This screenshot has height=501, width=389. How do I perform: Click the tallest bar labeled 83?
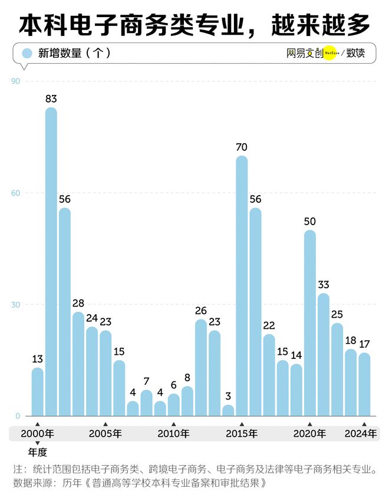tap(51, 262)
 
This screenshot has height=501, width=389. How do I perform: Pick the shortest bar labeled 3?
tap(228, 410)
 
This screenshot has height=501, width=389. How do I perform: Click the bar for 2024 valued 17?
tap(364, 384)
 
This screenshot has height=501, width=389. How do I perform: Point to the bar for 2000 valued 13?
tap(38, 392)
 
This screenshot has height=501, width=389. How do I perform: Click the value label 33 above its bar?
tap(324, 285)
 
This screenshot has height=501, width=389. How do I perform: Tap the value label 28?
tap(78, 303)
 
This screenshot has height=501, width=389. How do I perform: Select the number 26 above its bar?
tap(201, 311)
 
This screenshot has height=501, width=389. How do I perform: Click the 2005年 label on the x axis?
tap(106, 434)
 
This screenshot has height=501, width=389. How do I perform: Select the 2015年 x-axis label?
tap(242, 434)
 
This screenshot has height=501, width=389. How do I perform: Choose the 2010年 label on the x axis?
tap(173, 434)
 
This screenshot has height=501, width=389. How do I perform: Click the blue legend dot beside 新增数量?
tap(27, 53)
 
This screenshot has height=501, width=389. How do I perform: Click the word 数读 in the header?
tap(355, 53)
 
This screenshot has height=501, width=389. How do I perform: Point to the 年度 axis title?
tap(37, 453)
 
